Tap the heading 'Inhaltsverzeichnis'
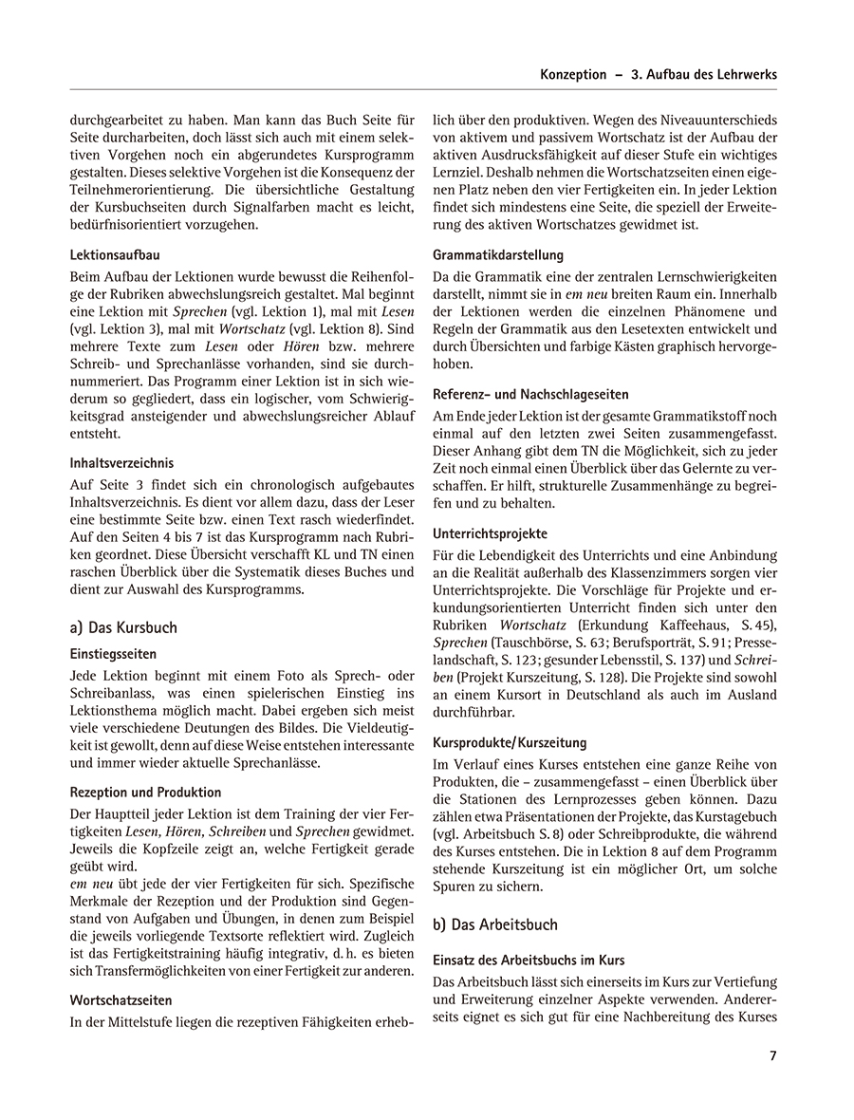click(x=121, y=464)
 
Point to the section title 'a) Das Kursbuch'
click(x=123, y=627)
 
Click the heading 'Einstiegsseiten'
click(x=113, y=654)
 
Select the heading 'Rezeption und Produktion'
click(x=145, y=792)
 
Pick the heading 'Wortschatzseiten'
click(x=120, y=999)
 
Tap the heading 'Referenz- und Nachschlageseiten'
click(x=530, y=394)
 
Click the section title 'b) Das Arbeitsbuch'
click(x=495, y=924)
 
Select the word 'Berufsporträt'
click(x=659, y=643)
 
